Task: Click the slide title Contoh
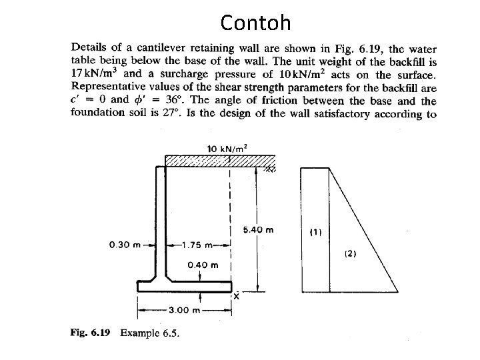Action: point(256,23)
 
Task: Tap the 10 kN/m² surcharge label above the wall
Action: point(227,148)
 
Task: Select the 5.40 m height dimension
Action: point(259,230)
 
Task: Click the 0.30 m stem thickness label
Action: point(123,245)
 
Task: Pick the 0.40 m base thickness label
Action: point(203,265)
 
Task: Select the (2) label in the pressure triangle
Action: point(351,254)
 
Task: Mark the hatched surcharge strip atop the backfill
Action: point(220,161)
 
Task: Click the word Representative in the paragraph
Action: point(107,87)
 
